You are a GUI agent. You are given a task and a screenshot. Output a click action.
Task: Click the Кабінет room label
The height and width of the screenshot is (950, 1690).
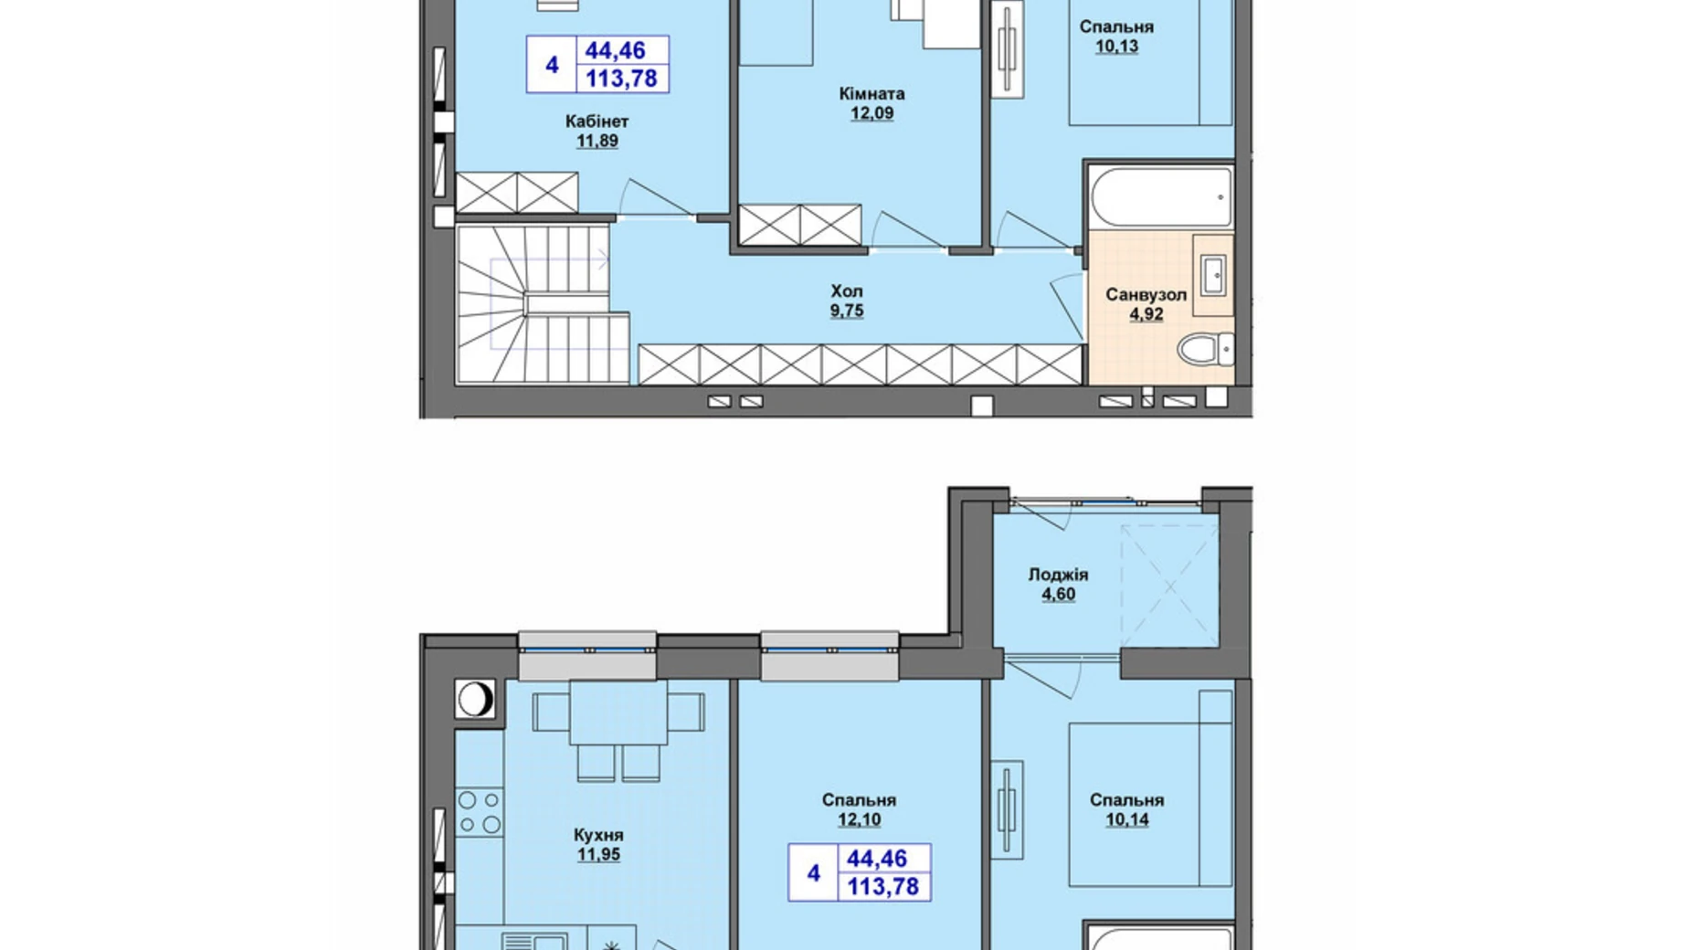597,121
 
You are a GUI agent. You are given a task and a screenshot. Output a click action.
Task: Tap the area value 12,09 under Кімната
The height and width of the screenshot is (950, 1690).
871,114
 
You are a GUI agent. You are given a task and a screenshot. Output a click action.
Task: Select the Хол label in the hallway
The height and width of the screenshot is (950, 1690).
846,291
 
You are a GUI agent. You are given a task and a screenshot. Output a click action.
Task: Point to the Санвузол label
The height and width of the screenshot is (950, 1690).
1146,295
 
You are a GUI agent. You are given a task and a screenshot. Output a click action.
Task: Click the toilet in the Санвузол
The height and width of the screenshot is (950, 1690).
1205,349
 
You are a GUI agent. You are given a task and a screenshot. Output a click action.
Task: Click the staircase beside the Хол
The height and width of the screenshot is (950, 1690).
543,304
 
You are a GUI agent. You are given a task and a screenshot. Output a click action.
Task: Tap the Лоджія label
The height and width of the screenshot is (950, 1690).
1058,575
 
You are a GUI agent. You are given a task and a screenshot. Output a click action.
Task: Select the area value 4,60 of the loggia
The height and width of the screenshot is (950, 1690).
1058,595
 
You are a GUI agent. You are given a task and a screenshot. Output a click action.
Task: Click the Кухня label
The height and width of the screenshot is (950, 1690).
598,835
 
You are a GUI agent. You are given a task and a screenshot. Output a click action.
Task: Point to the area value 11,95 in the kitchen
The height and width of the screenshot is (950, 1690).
598,855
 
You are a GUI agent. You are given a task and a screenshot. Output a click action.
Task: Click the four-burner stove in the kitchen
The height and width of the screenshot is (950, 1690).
480,812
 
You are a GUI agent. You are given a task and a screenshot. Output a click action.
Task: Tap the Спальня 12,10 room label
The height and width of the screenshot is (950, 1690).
859,800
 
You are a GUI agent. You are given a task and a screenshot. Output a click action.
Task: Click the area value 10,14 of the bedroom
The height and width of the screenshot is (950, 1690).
1126,820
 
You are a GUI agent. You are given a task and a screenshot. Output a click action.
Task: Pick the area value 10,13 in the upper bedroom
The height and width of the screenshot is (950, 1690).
1116,47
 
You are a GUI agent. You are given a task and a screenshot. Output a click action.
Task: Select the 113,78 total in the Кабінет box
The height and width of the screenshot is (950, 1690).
621,79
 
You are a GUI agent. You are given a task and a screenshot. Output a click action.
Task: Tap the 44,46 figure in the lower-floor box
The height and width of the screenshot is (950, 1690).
877,859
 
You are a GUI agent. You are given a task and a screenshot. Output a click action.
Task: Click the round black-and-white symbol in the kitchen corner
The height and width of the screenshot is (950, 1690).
475,700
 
